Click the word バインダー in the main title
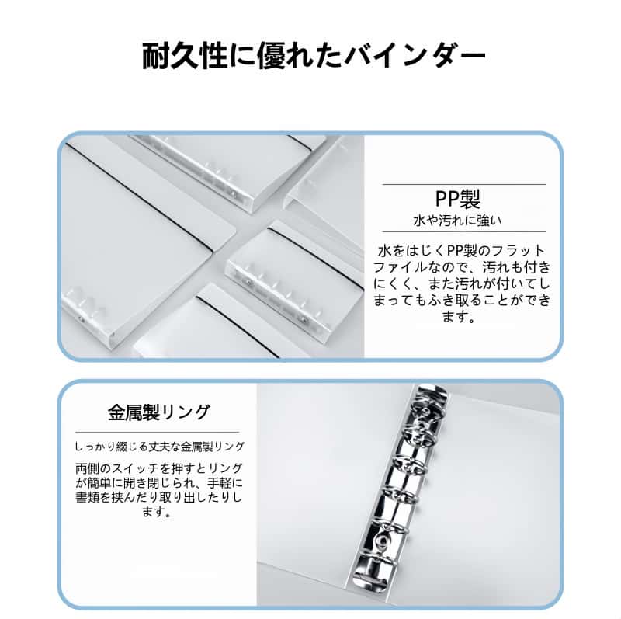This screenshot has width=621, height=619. (415, 55)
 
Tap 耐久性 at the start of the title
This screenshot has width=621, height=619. (185, 55)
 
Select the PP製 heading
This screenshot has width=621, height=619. (457, 199)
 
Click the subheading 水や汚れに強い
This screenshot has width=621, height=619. (457, 221)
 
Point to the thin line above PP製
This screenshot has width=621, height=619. (464, 184)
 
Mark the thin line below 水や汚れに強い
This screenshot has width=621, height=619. (464, 231)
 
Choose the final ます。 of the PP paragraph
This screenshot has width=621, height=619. (458, 317)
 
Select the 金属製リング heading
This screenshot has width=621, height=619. (158, 412)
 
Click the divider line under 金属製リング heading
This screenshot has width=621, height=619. (158, 432)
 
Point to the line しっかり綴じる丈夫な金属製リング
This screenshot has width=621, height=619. (160, 447)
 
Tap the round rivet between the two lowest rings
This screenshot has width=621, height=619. (382, 540)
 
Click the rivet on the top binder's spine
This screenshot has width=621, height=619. (233, 193)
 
